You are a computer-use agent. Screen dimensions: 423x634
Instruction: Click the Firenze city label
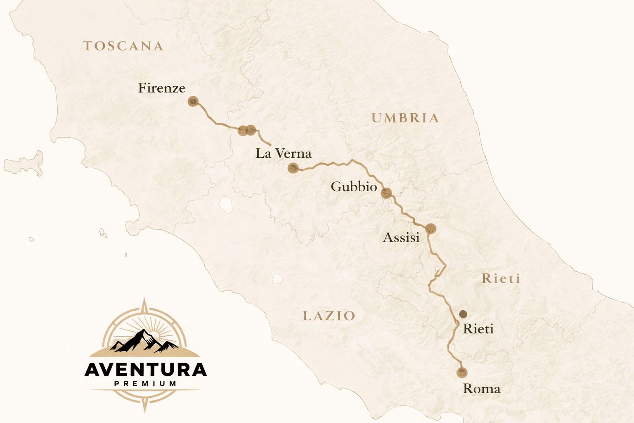click(x=161, y=88)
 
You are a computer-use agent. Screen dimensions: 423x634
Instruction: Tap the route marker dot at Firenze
click(x=193, y=101)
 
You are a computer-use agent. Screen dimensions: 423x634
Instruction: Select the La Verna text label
click(x=283, y=154)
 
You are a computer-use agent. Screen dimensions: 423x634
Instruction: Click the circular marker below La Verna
click(x=293, y=168)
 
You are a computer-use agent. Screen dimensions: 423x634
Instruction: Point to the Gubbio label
click(x=354, y=187)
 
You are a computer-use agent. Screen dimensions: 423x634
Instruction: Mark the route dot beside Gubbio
click(x=386, y=193)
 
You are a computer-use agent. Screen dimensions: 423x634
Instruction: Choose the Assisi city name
click(x=401, y=238)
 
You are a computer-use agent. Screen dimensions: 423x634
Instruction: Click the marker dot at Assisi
click(x=431, y=228)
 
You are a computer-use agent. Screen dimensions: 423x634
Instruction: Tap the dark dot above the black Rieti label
click(x=463, y=314)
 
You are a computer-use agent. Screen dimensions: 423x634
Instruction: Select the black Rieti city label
click(x=478, y=329)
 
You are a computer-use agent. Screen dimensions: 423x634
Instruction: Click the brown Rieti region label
click(x=501, y=278)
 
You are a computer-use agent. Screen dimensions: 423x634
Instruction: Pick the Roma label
click(x=481, y=389)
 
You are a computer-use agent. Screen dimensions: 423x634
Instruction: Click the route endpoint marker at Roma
click(x=462, y=373)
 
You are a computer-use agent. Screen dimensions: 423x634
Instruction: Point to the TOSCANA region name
click(x=123, y=46)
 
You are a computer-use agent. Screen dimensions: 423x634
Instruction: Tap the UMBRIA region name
click(x=405, y=118)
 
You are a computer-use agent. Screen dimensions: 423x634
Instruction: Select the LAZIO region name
click(x=329, y=316)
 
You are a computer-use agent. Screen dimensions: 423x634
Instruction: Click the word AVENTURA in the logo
click(x=145, y=370)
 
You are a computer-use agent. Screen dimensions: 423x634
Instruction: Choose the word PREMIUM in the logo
click(x=145, y=384)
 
